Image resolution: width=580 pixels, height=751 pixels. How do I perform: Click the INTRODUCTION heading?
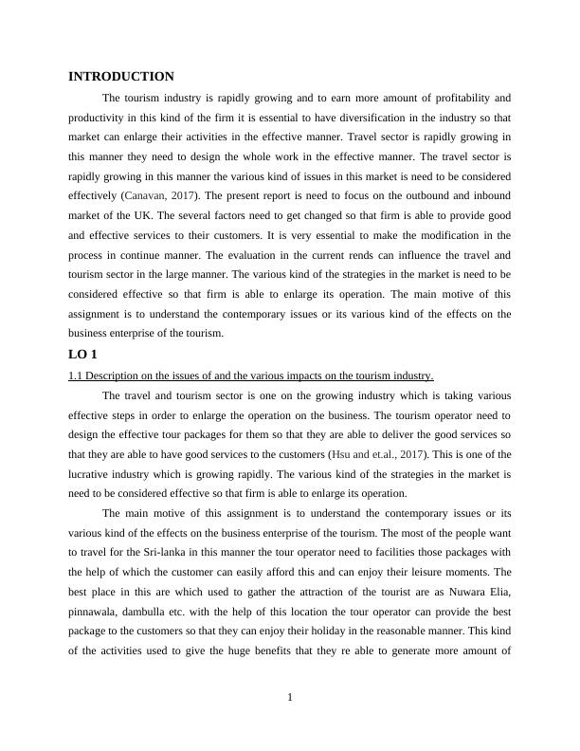(121, 77)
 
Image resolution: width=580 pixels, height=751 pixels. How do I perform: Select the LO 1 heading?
(83, 355)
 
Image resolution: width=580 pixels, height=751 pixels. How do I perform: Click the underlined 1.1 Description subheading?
(251, 375)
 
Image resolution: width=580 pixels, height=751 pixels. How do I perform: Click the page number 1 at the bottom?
(290, 699)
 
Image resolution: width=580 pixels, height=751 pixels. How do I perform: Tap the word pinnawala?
(97, 614)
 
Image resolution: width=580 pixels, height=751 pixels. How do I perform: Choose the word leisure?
(413, 574)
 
